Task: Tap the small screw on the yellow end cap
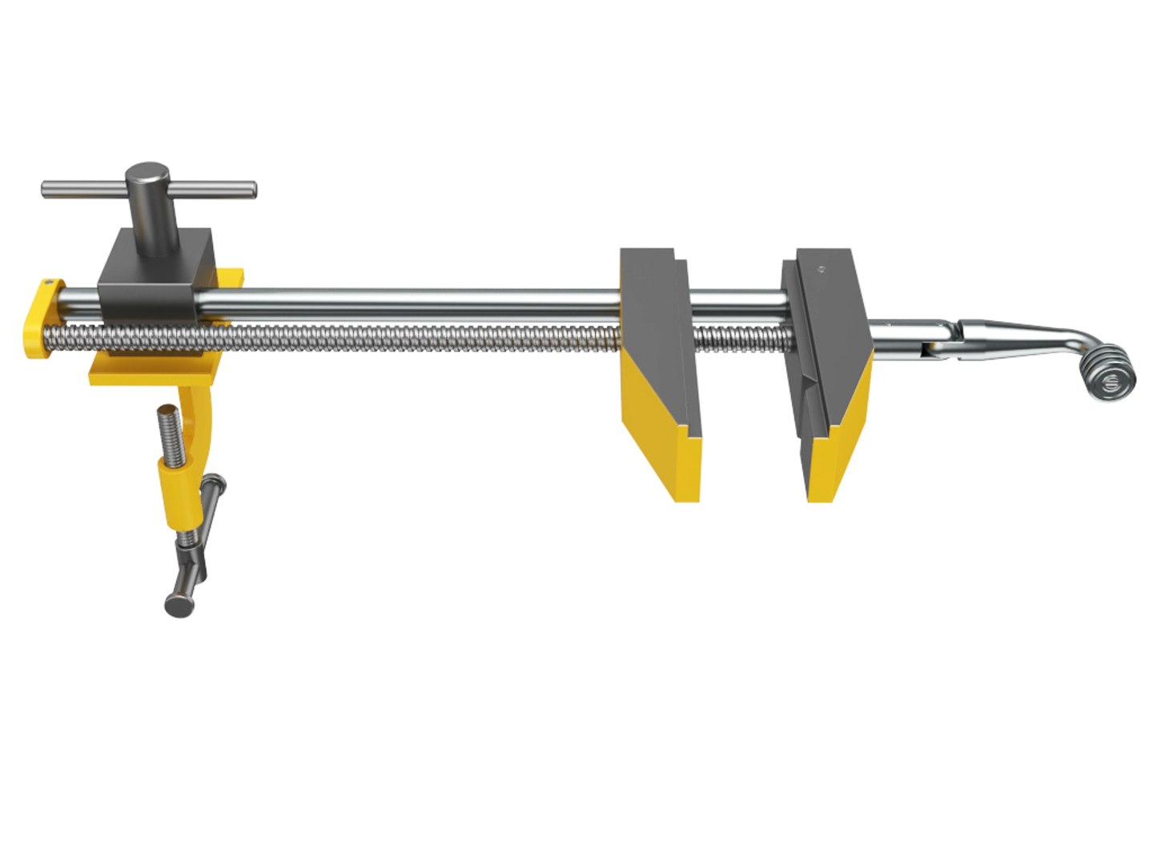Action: (50, 283)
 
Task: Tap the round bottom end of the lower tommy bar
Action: (179, 605)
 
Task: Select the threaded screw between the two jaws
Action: (741, 338)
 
